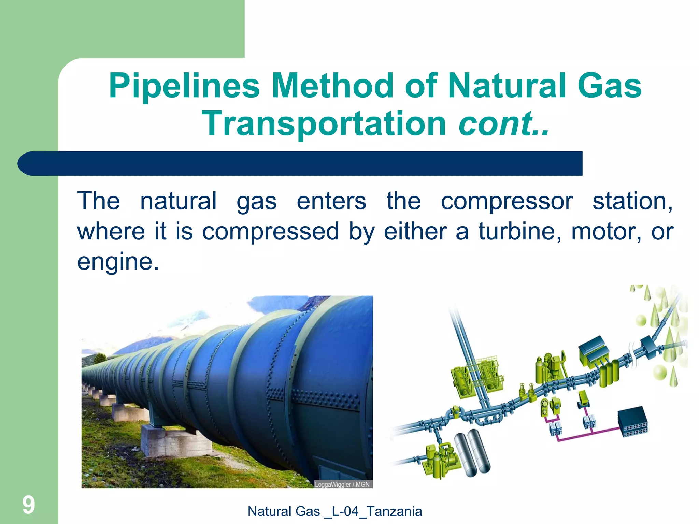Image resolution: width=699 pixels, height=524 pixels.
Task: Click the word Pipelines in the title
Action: pyautogui.click(x=184, y=86)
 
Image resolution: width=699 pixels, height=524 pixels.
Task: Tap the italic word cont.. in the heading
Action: pyautogui.click(x=504, y=123)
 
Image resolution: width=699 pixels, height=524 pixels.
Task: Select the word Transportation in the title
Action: pyautogui.click(x=324, y=123)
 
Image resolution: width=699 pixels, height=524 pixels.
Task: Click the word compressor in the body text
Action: pyautogui.click(x=507, y=201)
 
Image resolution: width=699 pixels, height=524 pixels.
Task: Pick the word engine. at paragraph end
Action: pyautogui.click(x=118, y=262)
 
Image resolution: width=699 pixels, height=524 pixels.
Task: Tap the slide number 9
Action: pyautogui.click(x=29, y=505)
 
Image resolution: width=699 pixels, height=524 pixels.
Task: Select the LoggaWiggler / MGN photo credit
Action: pyautogui.click(x=342, y=484)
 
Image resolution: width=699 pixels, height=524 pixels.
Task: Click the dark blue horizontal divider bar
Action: pyautogui.click(x=300, y=163)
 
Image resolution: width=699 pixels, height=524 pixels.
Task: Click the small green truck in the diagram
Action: pyautogui.click(x=583, y=399)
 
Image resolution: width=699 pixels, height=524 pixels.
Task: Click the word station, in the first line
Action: pyautogui.click(x=632, y=201)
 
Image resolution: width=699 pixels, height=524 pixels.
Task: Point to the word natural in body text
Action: pyautogui.click(x=178, y=201)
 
